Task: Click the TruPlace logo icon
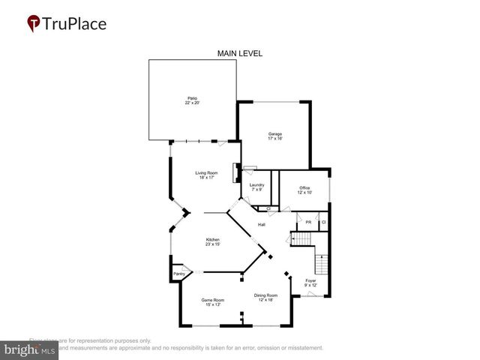pyautogui.click(x=34, y=23)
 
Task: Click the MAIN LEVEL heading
pyautogui.click(x=240, y=53)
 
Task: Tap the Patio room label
pyautogui.click(x=192, y=97)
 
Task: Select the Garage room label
pyautogui.click(x=274, y=133)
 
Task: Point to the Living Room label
pyautogui.click(x=206, y=173)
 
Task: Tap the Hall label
pyautogui.click(x=262, y=225)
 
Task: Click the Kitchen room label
pyautogui.click(x=214, y=239)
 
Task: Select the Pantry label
pyautogui.click(x=178, y=274)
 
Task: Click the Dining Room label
pyautogui.click(x=265, y=295)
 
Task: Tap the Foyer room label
pyautogui.click(x=310, y=280)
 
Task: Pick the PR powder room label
pyautogui.click(x=308, y=223)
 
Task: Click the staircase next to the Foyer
pyautogui.click(x=321, y=265)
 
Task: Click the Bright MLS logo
pyautogui.click(x=30, y=349)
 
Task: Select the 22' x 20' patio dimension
pyautogui.click(x=192, y=103)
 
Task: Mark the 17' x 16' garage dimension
pyautogui.click(x=274, y=139)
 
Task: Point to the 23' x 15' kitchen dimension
pyautogui.click(x=214, y=244)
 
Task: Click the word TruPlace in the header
pyautogui.click(x=76, y=23)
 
